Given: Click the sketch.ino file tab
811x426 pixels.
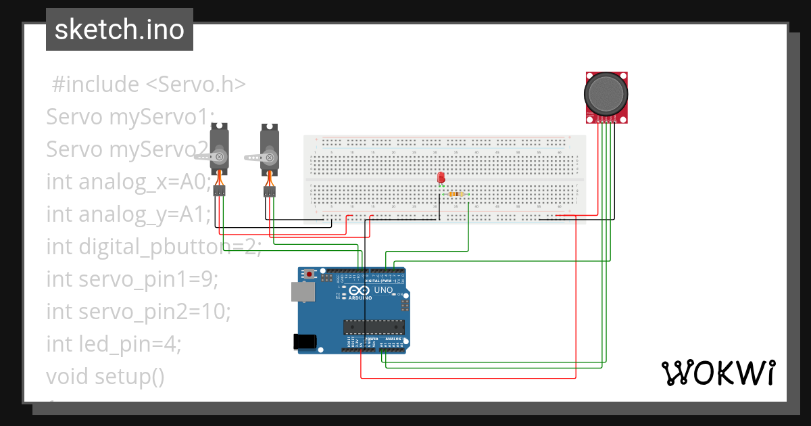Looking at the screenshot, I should click(120, 30).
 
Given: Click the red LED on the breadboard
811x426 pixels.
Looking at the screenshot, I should click(441, 178).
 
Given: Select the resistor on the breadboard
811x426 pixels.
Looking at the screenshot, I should click(457, 194).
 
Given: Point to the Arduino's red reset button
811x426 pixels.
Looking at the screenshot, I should click(310, 275).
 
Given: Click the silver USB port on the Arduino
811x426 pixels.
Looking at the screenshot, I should click(302, 291).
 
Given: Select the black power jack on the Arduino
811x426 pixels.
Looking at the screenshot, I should click(305, 341).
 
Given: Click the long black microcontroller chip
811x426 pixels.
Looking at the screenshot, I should click(374, 327).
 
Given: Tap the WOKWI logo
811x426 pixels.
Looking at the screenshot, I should click(718, 373).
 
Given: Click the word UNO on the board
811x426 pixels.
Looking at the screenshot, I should click(384, 291).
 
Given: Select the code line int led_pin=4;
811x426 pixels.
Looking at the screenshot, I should click(114, 344).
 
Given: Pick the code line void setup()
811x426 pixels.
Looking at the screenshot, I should click(105, 376).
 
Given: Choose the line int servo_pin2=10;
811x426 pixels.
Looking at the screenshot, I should click(139, 312).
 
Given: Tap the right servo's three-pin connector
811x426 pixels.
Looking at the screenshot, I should click(270, 192).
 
